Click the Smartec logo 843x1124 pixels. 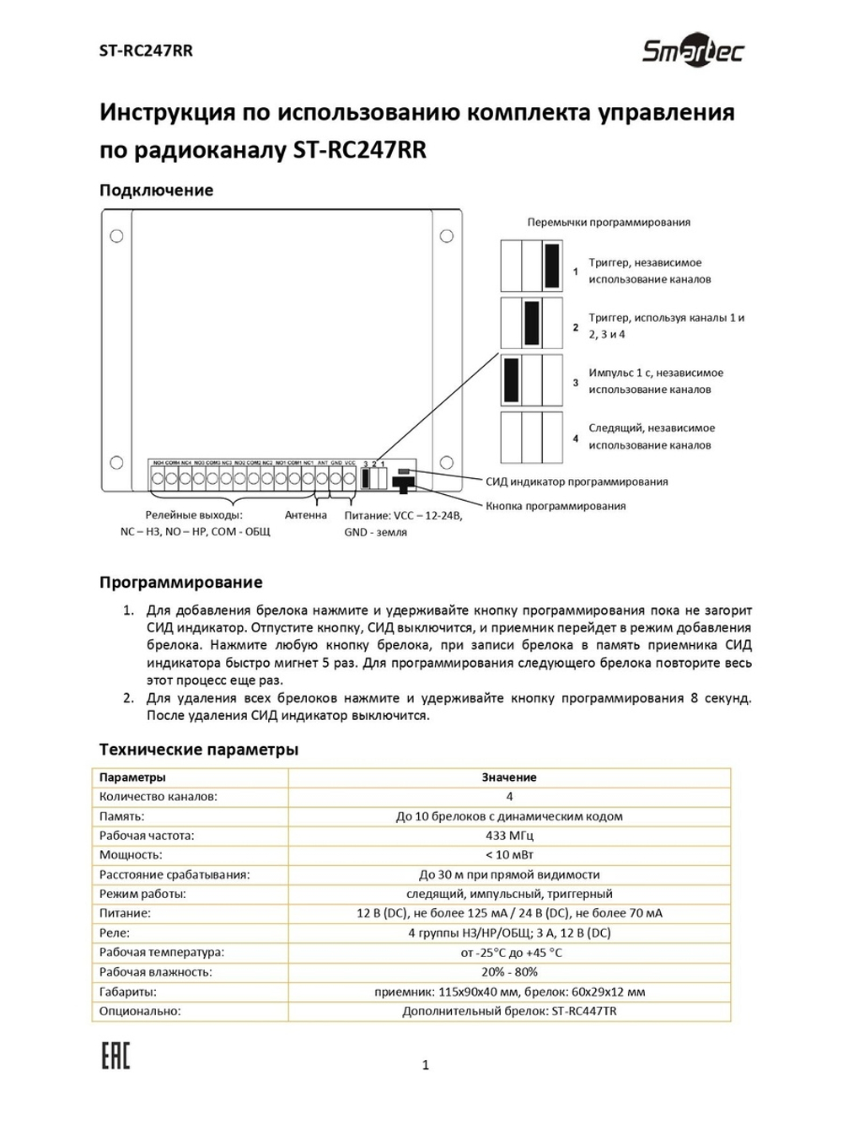pyautogui.click(x=693, y=51)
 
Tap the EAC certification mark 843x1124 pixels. pyautogui.click(x=115, y=1054)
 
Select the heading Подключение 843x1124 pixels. pyautogui.click(x=156, y=190)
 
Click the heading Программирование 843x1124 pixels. pyautogui.click(x=180, y=582)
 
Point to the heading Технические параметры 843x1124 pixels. pyautogui.click(x=199, y=749)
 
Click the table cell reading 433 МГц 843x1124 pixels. pyautogui.click(x=509, y=836)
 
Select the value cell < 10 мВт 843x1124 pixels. pyautogui.click(x=509, y=855)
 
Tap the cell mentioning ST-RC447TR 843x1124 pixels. pyautogui.click(x=509, y=1011)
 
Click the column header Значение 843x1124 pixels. pyautogui.click(x=509, y=777)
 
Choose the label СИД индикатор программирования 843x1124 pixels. pyautogui.click(x=577, y=481)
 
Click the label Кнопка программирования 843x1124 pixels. pyautogui.click(x=556, y=506)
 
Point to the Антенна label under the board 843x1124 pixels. pyautogui.click(x=305, y=514)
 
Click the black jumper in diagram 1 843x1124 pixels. pyautogui.click(x=552, y=266)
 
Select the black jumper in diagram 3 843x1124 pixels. pyautogui.click(x=511, y=379)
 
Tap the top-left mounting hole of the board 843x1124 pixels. pyautogui.click(x=116, y=236)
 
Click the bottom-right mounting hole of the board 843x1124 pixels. pyautogui.click(x=447, y=463)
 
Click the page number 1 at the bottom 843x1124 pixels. pyautogui.click(x=425, y=1065)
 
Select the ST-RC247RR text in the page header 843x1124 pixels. pyautogui.click(x=146, y=51)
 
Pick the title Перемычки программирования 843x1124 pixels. pyautogui.click(x=609, y=223)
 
